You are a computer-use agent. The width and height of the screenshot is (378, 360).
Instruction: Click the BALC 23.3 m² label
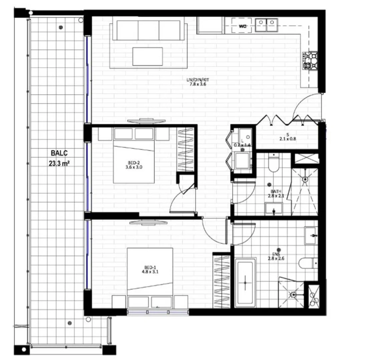coord(59,158)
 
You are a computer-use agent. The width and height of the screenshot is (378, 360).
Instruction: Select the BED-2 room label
coord(134,165)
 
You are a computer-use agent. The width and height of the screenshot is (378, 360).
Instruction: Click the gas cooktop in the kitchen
coord(310,60)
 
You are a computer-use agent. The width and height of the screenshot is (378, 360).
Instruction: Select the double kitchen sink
coord(266,25)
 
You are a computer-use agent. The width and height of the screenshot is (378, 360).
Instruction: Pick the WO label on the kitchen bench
coord(243,26)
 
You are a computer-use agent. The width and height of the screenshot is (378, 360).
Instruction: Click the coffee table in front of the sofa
coord(147,56)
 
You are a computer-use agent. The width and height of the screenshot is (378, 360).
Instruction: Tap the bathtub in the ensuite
coord(245,283)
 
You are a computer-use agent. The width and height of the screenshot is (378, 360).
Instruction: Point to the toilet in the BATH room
coord(274,163)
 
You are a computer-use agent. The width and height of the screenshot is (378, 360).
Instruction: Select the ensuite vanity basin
coord(311,236)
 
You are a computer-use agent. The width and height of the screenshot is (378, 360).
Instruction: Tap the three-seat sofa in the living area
coord(148,29)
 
